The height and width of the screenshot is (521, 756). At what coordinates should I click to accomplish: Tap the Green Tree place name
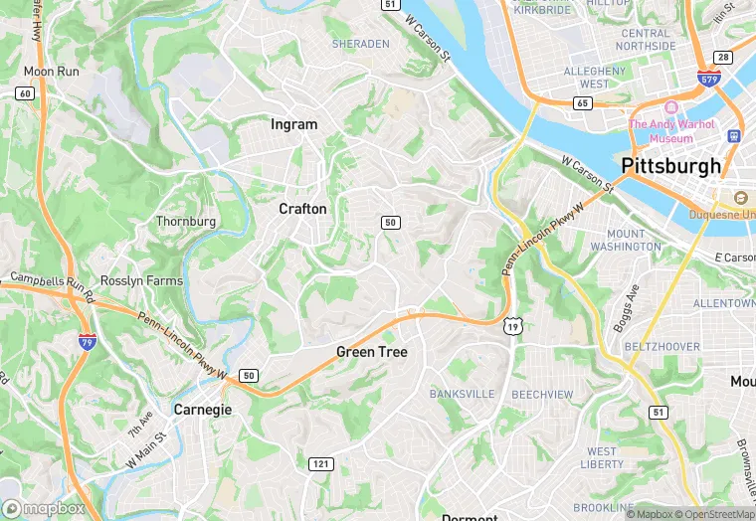click(x=371, y=352)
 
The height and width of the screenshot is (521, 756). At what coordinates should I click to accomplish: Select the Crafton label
click(x=302, y=209)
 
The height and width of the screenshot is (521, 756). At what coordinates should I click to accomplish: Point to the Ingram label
click(x=294, y=124)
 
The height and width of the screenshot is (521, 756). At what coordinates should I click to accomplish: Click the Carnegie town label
click(x=203, y=410)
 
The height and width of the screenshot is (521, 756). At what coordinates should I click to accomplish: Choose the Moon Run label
click(x=52, y=72)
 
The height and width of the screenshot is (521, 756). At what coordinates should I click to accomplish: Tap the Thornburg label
click(x=186, y=221)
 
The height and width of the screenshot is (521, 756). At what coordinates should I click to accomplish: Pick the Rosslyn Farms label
click(x=141, y=280)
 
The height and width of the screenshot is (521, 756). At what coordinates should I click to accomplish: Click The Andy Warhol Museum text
click(x=671, y=131)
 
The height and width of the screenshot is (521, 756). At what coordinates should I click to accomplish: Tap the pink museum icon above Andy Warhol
click(x=671, y=107)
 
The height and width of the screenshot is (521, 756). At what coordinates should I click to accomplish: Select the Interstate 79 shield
click(x=88, y=341)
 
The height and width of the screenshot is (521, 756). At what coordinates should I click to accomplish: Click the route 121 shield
click(x=320, y=464)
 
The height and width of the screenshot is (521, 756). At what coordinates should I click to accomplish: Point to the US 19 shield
click(x=512, y=325)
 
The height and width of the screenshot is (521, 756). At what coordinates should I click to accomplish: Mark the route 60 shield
click(x=25, y=92)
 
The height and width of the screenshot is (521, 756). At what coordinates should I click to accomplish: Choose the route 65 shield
click(x=584, y=102)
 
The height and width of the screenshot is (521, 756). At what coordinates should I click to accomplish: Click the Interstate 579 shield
click(x=708, y=78)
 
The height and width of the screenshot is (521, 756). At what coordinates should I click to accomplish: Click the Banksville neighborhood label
click(x=462, y=394)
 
